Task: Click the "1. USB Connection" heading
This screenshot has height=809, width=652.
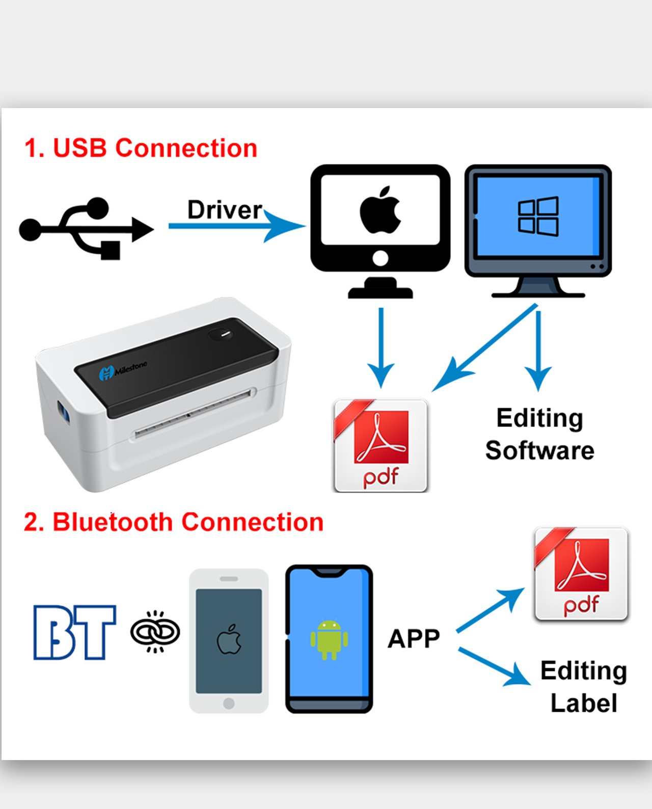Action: (x=141, y=148)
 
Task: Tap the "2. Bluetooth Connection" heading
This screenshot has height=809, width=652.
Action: (x=173, y=522)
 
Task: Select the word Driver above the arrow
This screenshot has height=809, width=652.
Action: (x=224, y=209)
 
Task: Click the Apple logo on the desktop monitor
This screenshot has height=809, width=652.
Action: (x=380, y=210)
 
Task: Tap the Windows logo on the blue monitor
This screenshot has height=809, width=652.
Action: (x=538, y=216)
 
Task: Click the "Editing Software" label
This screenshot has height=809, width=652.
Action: (x=539, y=434)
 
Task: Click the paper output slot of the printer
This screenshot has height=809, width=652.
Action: (x=194, y=413)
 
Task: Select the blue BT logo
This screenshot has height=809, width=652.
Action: (x=74, y=632)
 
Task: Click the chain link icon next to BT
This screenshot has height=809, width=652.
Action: (x=155, y=632)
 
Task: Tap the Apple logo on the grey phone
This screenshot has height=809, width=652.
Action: (x=229, y=639)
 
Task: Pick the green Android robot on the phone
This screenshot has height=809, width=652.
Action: (x=329, y=639)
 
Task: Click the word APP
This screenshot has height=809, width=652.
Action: (x=414, y=638)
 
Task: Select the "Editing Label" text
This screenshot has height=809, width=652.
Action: (x=584, y=687)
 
